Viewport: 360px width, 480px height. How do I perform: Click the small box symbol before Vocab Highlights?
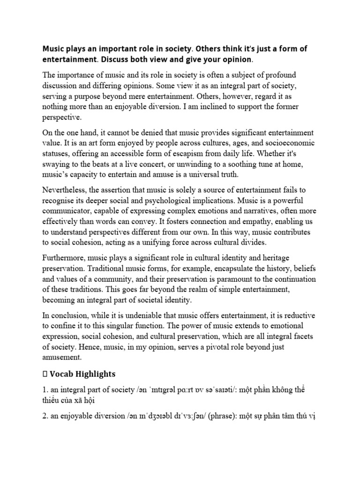point(45,375)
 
